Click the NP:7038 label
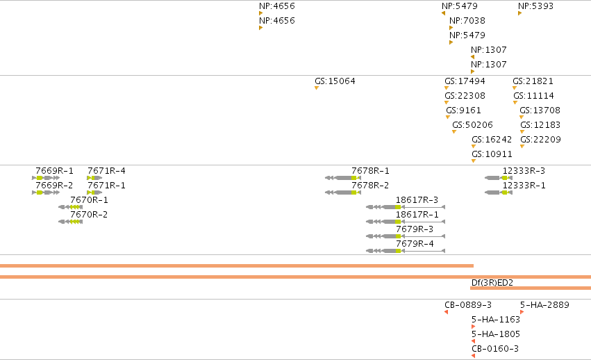click(467, 21)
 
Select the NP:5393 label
click(535, 6)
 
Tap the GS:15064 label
click(335, 81)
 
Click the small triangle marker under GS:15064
click(317, 88)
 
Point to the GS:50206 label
click(472, 125)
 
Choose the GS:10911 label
click(492, 154)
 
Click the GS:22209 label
click(540, 140)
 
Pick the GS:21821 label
click(533, 81)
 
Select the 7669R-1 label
click(54, 171)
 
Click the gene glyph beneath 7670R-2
click(70, 222)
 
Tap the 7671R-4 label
click(106, 171)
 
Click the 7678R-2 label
click(370, 186)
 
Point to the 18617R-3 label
click(417, 200)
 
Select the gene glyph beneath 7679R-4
click(406, 251)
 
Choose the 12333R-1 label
click(524, 186)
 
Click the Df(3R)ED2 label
click(492, 283)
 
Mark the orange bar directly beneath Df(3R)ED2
click(531, 288)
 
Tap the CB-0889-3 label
click(468, 305)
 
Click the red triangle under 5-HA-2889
click(522, 312)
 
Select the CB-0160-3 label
click(495, 349)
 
